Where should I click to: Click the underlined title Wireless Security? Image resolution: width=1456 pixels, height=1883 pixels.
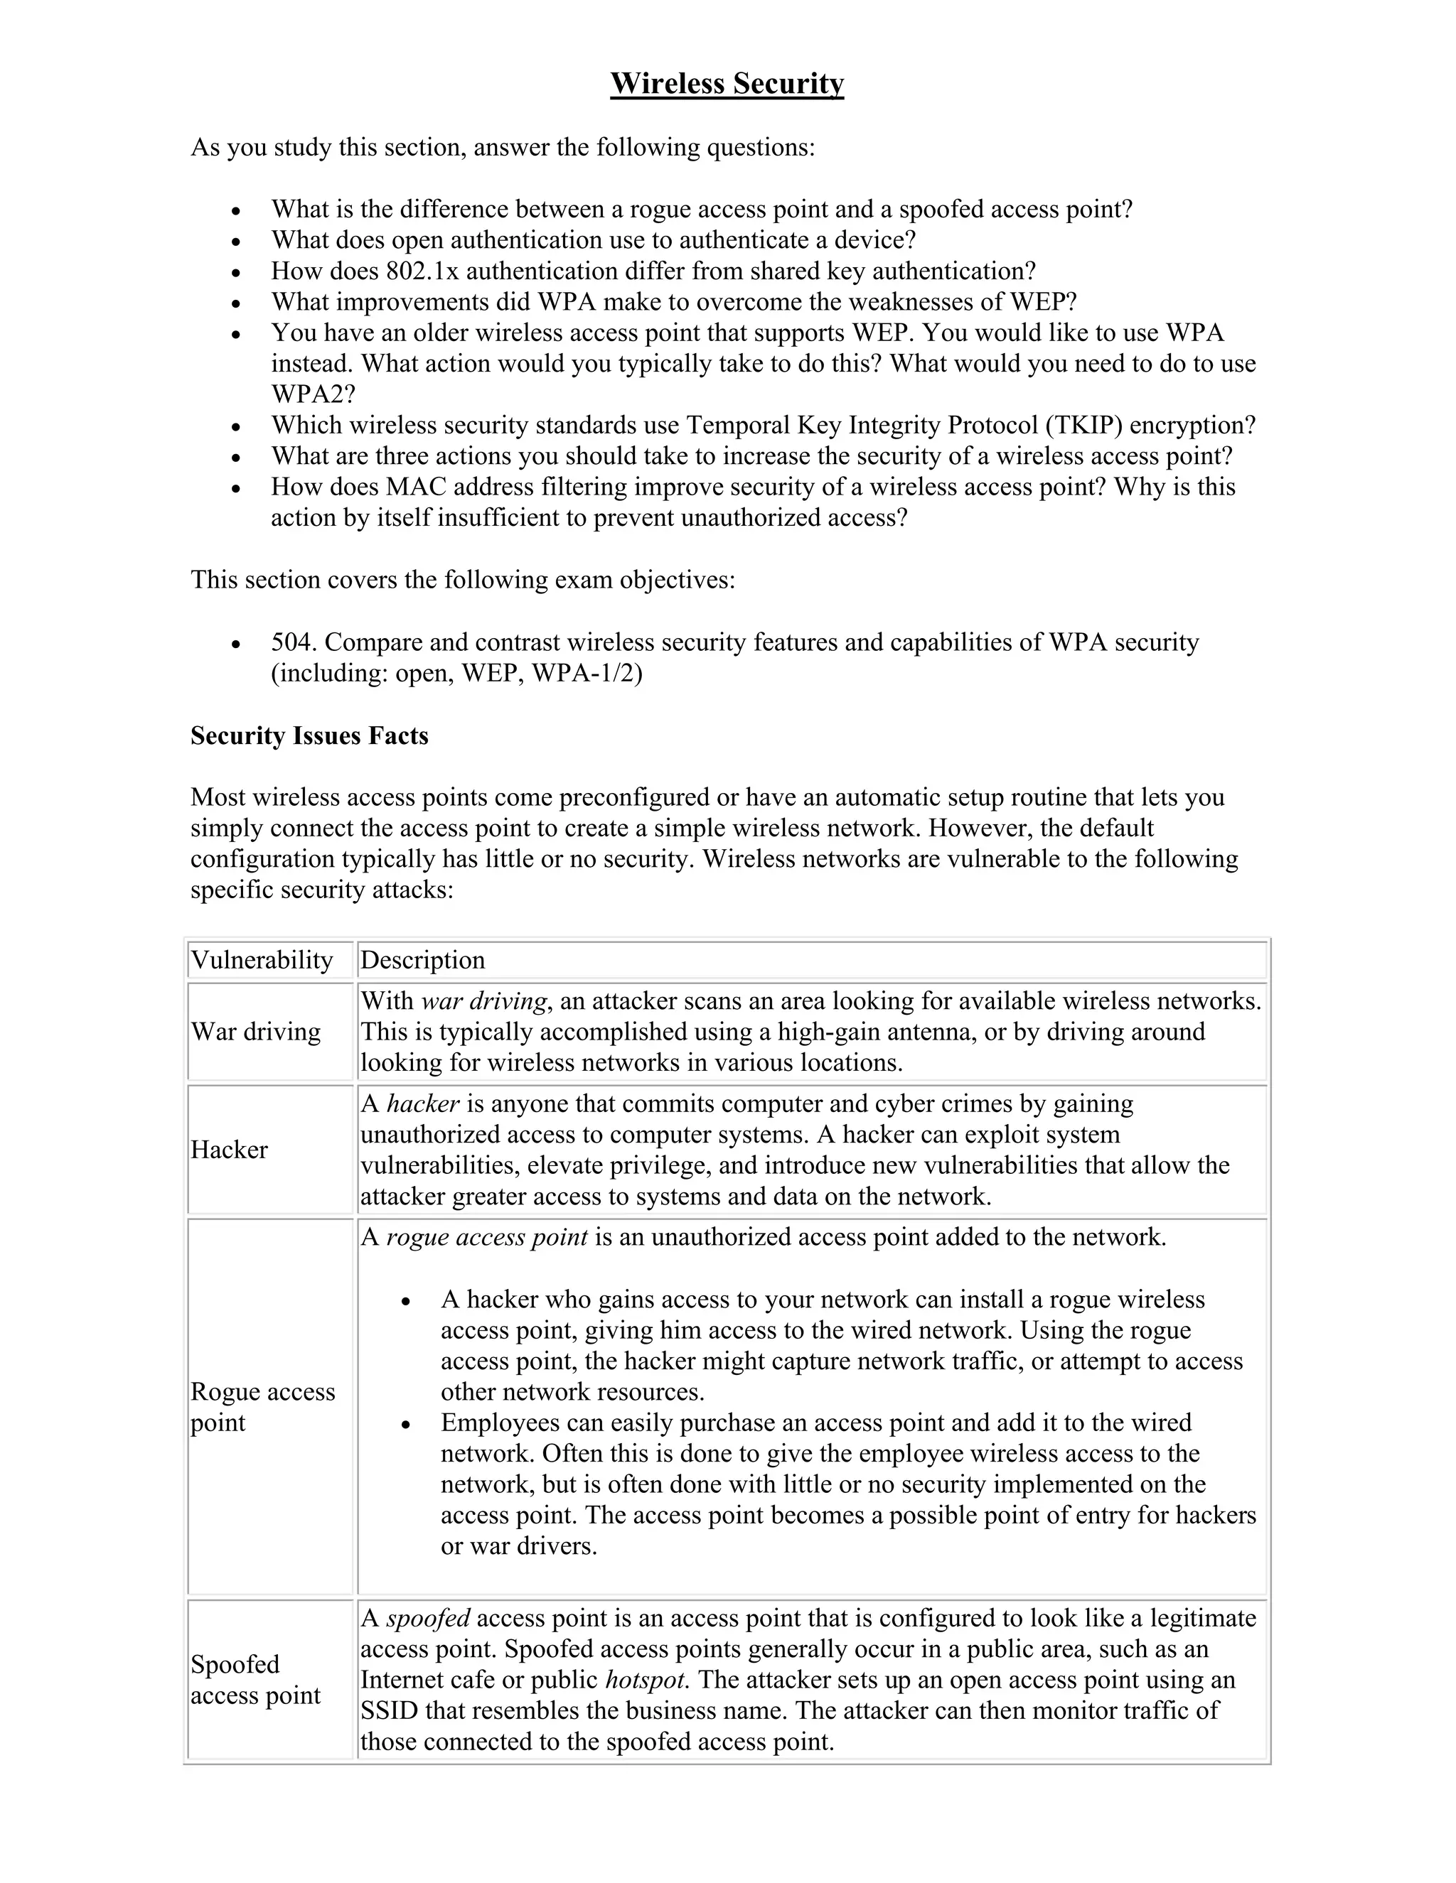[727, 84]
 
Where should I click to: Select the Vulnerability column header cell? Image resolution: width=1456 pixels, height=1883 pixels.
[262, 959]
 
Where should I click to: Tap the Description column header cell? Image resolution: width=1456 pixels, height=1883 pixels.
[423, 959]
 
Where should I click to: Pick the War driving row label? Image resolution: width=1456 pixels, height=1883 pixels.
[255, 1031]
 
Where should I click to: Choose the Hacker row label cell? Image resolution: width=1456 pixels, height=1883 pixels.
[230, 1149]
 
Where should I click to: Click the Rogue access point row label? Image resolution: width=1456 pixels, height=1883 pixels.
[262, 1406]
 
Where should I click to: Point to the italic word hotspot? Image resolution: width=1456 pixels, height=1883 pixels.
[646, 1680]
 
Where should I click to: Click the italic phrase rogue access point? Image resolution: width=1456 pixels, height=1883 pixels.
[486, 1237]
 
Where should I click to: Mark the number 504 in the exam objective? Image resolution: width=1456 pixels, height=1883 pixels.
[294, 642]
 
